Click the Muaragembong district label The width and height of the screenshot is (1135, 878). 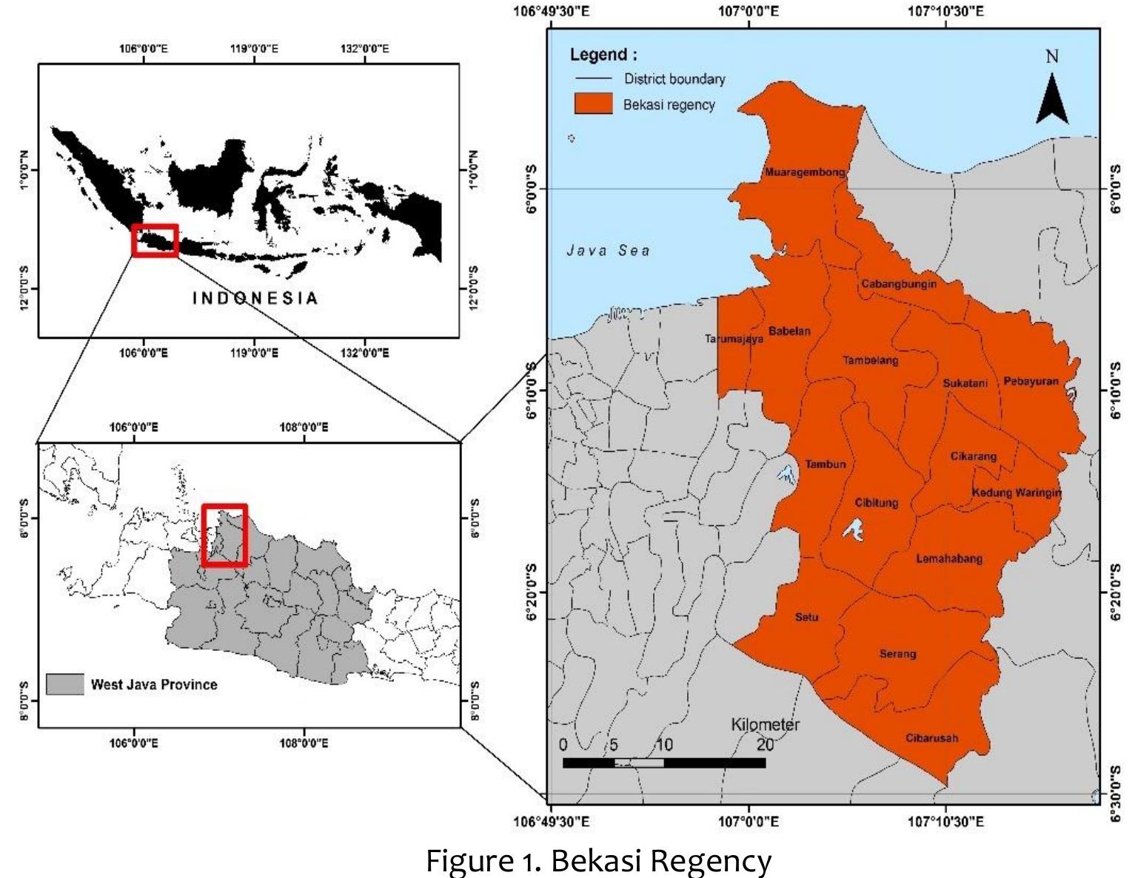(x=805, y=172)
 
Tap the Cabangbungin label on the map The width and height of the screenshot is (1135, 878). (x=899, y=284)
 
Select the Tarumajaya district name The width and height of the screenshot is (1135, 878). (x=734, y=340)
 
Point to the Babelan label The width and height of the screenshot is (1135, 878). (x=789, y=331)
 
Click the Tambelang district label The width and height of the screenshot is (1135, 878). (x=871, y=360)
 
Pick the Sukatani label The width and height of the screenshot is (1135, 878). (x=965, y=383)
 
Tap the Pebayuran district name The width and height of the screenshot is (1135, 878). (x=1031, y=382)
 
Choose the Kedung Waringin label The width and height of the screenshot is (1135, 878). (x=1017, y=493)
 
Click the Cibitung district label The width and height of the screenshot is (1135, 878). (x=877, y=503)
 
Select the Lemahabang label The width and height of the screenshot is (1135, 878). (x=949, y=558)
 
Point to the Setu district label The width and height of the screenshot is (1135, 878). (x=807, y=617)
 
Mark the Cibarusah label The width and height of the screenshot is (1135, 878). (x=931, y=738)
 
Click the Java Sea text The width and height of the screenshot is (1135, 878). (x=609, y=251)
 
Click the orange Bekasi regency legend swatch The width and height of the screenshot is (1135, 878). (x=594, y=104)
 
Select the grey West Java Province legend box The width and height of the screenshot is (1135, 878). (x=65, y=684)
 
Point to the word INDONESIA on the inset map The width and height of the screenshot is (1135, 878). (x=255, y=298)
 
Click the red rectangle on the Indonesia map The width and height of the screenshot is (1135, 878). (x=155, y=240)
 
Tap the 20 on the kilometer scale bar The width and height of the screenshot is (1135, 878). (x=765, y=744)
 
